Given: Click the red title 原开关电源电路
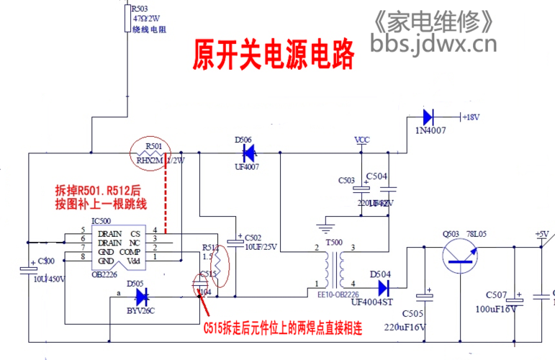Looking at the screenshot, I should point(274,55).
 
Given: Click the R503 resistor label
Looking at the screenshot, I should point(140,8).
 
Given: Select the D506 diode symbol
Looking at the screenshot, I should point(247,153).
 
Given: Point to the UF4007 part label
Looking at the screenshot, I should point(246,167).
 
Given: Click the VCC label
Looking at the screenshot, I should point(363,139).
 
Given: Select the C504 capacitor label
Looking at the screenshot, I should point(377,176).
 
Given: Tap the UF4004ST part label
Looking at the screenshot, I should point(374,302).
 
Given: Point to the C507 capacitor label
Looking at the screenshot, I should point(497,294).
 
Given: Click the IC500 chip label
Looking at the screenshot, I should point(101,221).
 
